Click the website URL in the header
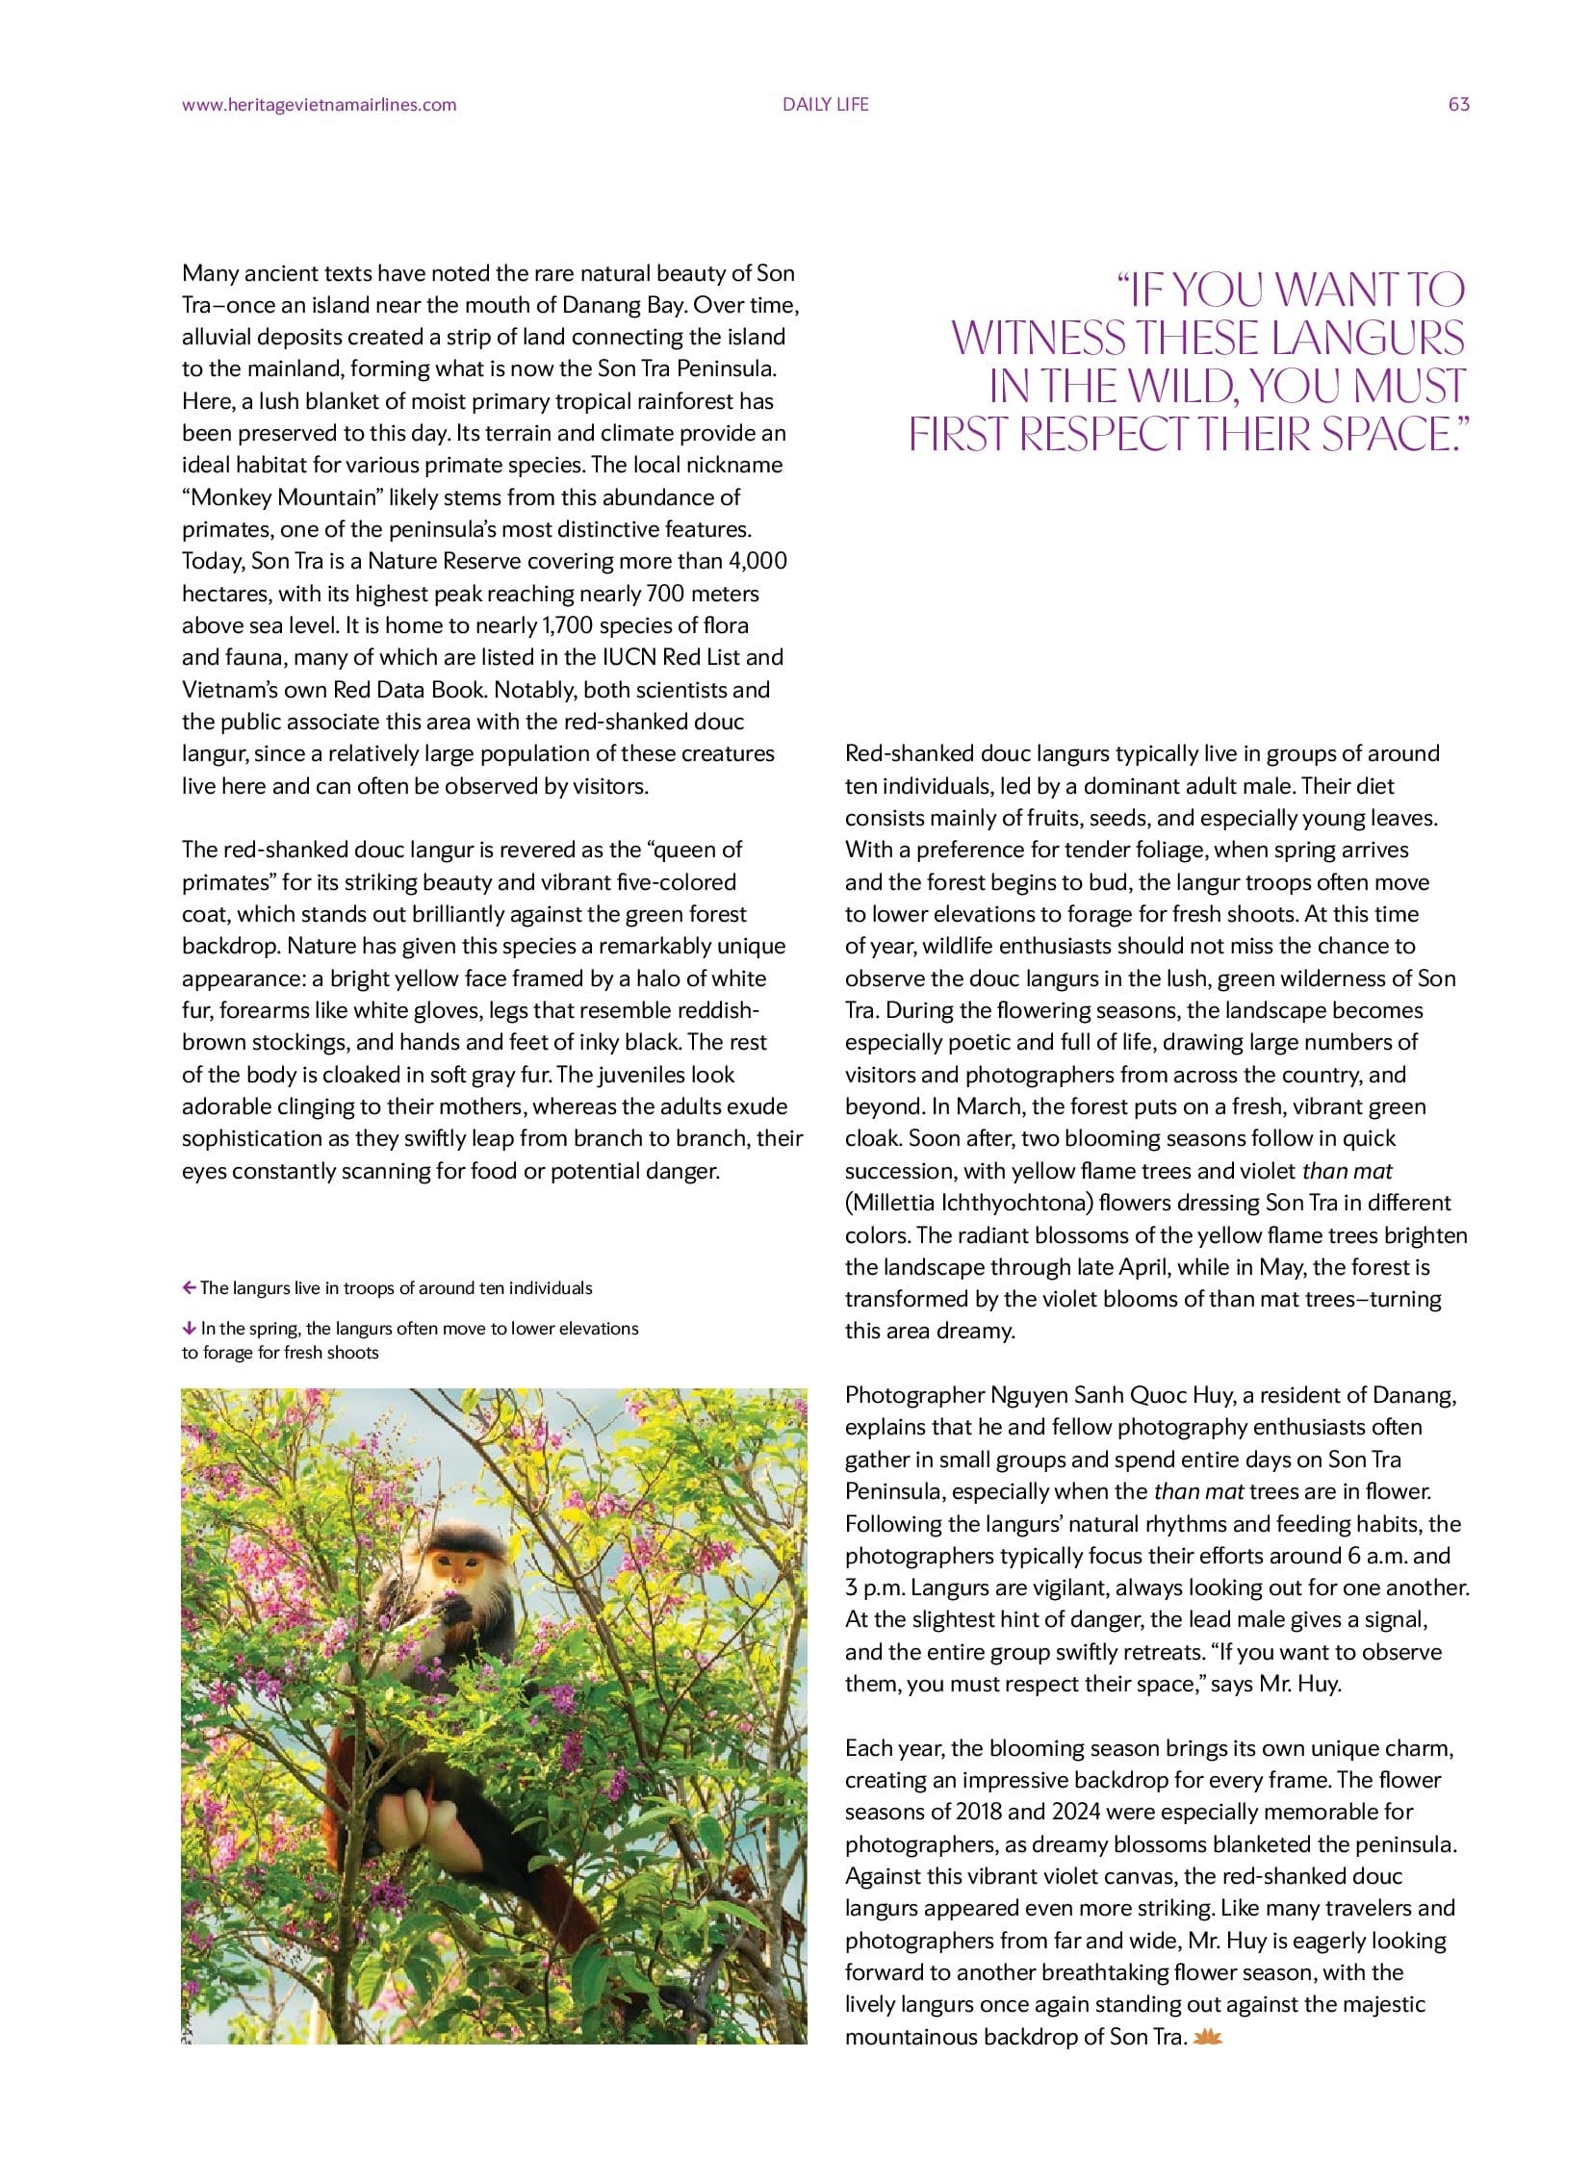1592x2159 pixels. (319, 105)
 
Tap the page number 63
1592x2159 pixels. (1458, 105)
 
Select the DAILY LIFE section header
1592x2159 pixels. (825, 105)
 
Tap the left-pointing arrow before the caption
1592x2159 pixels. (189, 1288)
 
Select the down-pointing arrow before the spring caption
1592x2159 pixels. (189, 1329)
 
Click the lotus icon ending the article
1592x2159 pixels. (1208, 2037)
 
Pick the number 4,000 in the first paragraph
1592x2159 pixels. (753, 561)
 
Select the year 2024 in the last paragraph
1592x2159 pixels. (1076, 1812)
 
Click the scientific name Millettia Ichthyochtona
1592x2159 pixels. (968, 1203)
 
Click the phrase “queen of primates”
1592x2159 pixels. (694, 850)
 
